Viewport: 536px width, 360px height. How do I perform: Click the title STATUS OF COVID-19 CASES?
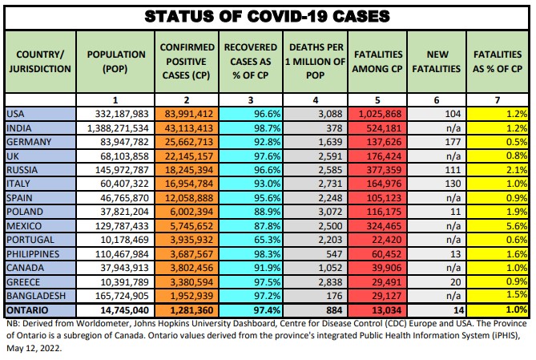268,15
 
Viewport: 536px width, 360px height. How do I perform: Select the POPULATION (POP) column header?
115,62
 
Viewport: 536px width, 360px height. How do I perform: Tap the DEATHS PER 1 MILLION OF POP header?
315,62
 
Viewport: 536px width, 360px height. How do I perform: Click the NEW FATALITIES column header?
437,62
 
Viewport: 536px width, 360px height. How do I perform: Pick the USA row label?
16,115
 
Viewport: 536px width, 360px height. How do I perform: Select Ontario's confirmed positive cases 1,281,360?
185,309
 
